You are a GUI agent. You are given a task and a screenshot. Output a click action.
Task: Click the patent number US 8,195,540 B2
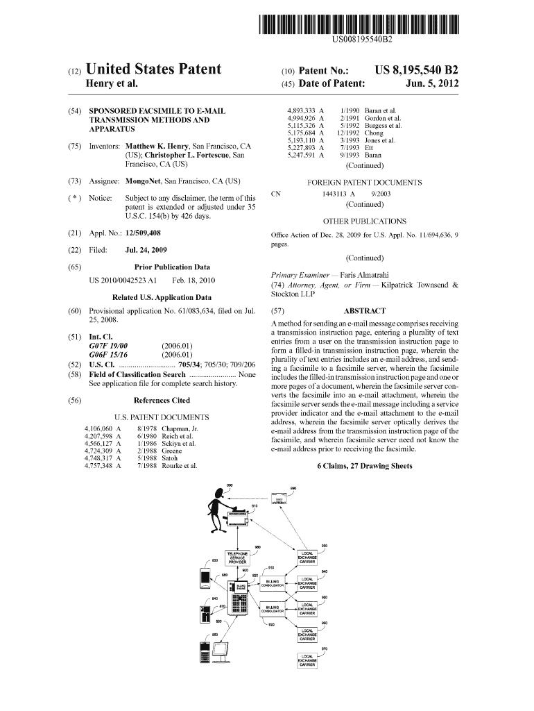(x=416, y=70)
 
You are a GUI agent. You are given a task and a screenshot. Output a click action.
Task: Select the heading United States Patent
(x=153, y=69)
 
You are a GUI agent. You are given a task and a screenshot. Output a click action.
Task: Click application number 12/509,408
(x=142, y=233)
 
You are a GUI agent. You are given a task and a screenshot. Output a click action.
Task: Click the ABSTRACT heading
(x=364, y=312)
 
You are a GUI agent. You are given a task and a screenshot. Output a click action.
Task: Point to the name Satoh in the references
(x=171, y=458)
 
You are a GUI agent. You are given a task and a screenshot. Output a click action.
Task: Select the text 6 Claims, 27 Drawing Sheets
(x=364, y=466)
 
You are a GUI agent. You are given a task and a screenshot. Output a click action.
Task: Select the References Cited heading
(x=161, y=401)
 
